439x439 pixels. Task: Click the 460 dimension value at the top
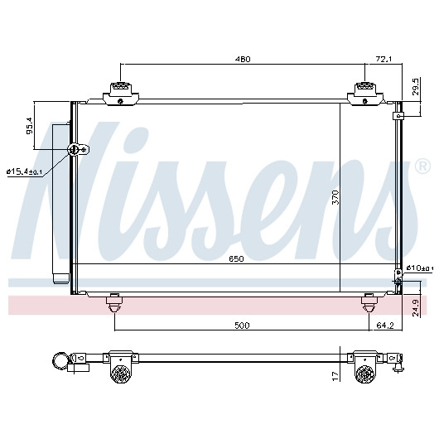(x=243, y=59)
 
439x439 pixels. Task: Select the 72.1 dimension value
(x=384, y=59)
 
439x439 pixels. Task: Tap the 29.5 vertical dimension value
(x=416, y=87)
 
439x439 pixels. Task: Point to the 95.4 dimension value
(x=29, y=126)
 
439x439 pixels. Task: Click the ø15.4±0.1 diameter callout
(x=24, y=171)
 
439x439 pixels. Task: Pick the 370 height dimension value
(x=335, y=197)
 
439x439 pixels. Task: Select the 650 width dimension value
(x=236, y=258)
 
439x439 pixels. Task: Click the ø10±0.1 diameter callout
(x=419, y=268)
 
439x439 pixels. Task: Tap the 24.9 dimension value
(x=416, y=307)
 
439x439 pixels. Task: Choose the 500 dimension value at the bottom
(x=242, y=326)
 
